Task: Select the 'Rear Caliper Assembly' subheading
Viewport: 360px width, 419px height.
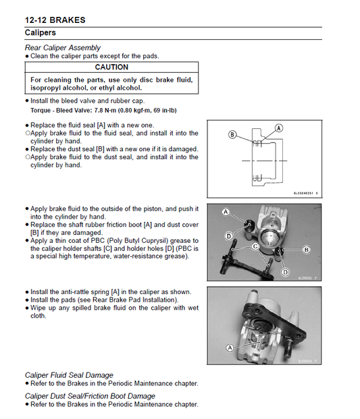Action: click(x=63, y=48)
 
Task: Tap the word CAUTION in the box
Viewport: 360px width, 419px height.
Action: click(x=111, y=67)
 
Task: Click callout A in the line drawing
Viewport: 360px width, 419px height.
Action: click(x=278, y=127)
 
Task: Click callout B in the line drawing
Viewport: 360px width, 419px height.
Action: click(x=232, y=135)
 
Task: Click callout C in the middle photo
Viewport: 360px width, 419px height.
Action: click(x=255, y=246)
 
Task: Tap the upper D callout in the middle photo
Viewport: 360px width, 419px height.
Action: click(x=230, y=234)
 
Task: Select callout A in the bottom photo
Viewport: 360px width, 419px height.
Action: click(x=230, y=347)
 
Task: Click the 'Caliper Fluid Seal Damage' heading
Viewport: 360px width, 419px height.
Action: click(x=69, y=375)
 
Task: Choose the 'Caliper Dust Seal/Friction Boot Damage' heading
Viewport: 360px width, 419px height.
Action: click(x=90, y=396)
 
